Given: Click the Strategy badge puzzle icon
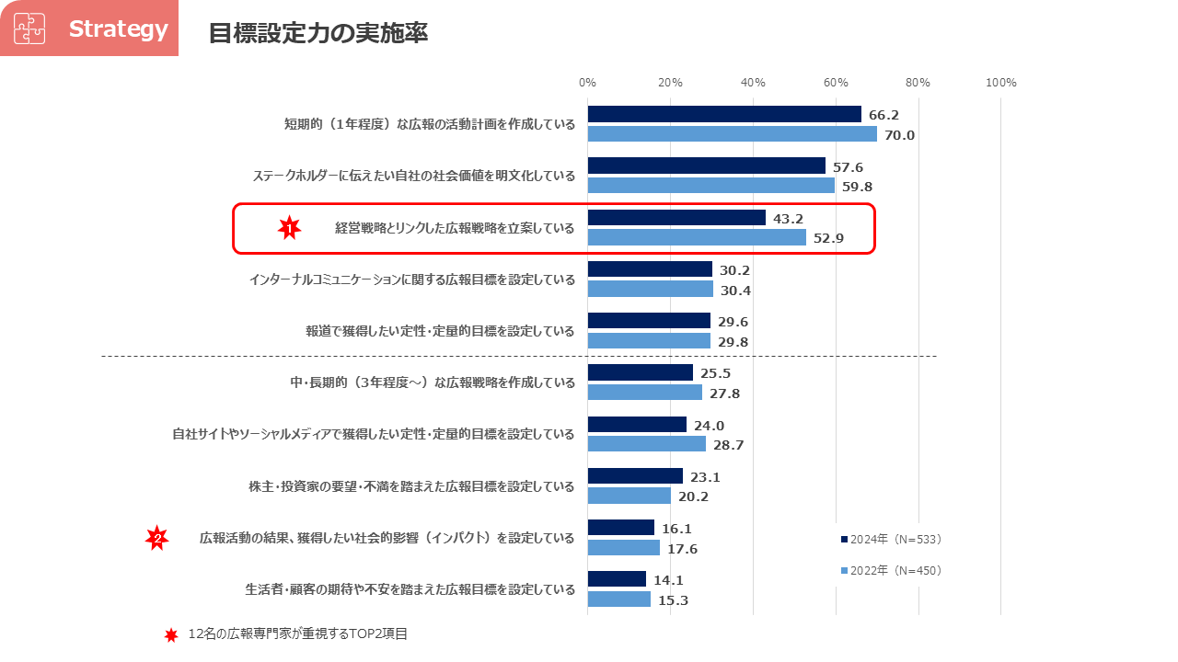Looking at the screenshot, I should click(29, 29).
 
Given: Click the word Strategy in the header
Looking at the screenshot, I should click(118, 29).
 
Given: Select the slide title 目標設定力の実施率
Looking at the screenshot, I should click(318, 33).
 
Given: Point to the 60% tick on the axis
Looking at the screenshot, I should click(836, 83).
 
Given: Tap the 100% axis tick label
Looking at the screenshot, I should click(1000, 83).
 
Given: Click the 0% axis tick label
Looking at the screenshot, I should click(587, 83).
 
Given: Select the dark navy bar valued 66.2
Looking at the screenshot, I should click(724, 114).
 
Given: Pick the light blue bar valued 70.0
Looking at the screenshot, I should click(733, 134).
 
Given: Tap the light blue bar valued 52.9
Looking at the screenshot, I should click(697, 237).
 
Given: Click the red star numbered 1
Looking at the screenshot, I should click(290, 228).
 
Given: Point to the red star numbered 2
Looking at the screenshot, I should click(157, 539).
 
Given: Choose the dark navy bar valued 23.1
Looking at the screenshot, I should click(635, 476).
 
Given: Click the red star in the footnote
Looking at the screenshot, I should click(170, 635).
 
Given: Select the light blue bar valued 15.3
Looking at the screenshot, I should click(619, 599).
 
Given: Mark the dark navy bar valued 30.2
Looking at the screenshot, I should click(650, 269).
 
